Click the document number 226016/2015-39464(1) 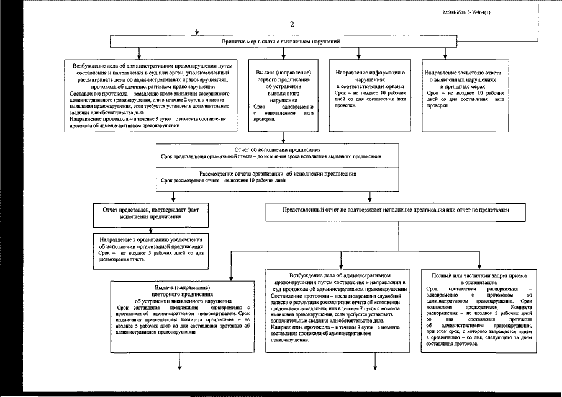click(471, 12)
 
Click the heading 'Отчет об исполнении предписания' click(277, 149)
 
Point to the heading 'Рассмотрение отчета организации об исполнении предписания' click(277, 174)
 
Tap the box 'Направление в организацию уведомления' click(152, 248)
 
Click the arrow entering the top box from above click(197, 32)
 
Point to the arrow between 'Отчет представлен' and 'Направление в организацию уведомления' click(152, 228)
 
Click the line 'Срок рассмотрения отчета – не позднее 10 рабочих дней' click(223, 181)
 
